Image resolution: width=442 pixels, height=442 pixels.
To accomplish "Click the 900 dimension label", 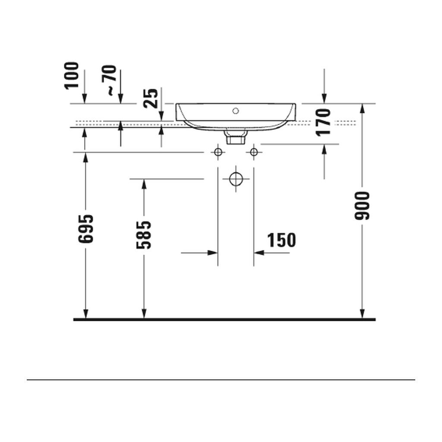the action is coord(362,205).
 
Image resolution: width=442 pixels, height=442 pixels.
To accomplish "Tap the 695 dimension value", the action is coord(86,229).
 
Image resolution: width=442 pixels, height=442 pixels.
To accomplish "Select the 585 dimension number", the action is coord(144,235).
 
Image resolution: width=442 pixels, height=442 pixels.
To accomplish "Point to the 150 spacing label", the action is coord(281,240).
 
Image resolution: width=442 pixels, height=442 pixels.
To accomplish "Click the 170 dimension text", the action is coord(323,123).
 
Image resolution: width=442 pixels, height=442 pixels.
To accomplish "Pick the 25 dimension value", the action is coord(151,98).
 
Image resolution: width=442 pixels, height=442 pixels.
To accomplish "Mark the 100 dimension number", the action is coord(72,76).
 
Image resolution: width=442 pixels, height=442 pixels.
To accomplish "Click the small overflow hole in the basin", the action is coord(236,111).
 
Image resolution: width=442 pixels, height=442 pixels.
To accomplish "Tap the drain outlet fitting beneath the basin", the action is coord(236,137).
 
